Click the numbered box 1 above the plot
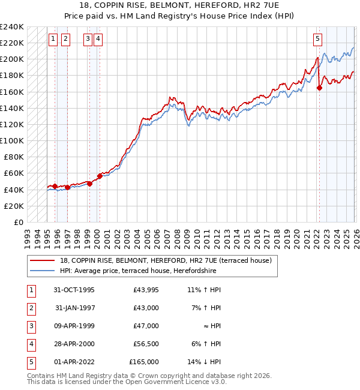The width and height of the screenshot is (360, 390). [x=53, y=40]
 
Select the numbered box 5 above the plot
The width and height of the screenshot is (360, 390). [x=317, y=40]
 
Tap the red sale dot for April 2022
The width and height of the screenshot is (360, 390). [x=319, y=88]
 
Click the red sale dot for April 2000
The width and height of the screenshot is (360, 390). [x=100, y=176]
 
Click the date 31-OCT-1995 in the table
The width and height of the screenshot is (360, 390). [x=74, y=290]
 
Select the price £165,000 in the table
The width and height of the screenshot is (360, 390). [x=144, y=362]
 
